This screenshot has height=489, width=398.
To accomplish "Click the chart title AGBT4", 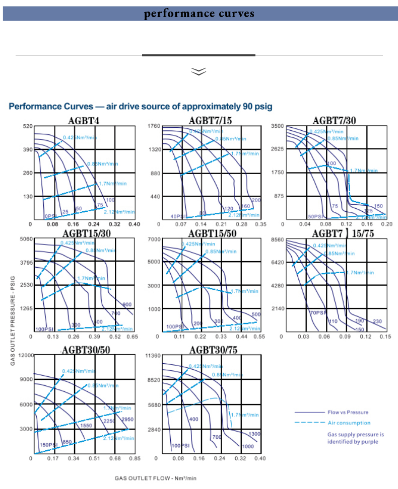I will pyautogui.click(x=84, y=120).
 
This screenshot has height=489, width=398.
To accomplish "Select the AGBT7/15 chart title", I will pyautogui.click(x=211, y=120).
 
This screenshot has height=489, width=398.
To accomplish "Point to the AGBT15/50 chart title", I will pyautogui.click(x=211, y=233).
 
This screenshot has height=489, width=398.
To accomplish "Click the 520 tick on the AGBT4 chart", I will pyautogui.click(x=27, y=126).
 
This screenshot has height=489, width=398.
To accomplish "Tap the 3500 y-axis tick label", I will pyautogui.click(x=278, y=126).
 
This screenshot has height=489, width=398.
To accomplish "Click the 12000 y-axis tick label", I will pyautogui.click(x=25, y=355).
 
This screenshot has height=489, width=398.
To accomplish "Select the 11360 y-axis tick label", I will pyautogui.click(x=152, y=356).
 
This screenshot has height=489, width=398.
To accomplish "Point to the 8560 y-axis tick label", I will pyautogui.click(x=278, y=239).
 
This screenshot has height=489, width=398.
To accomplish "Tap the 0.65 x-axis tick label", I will pyautogui.click(x=132, y=336).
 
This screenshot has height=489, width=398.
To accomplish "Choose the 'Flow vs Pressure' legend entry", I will pyautogui.click(x=348, y=413).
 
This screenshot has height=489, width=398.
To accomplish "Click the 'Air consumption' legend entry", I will pyautogui.click(x=349, y=423).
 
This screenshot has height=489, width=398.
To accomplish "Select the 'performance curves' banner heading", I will pyautogui.click(x=200, y=14).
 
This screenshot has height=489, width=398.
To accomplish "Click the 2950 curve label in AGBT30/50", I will pyautogui.click(x=127, y=420).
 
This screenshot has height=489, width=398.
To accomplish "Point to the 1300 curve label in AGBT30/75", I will pyautogui.click(x=254, y=434).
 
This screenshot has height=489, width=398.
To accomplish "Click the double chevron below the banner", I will pyautogui.click(x=199, y=72).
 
